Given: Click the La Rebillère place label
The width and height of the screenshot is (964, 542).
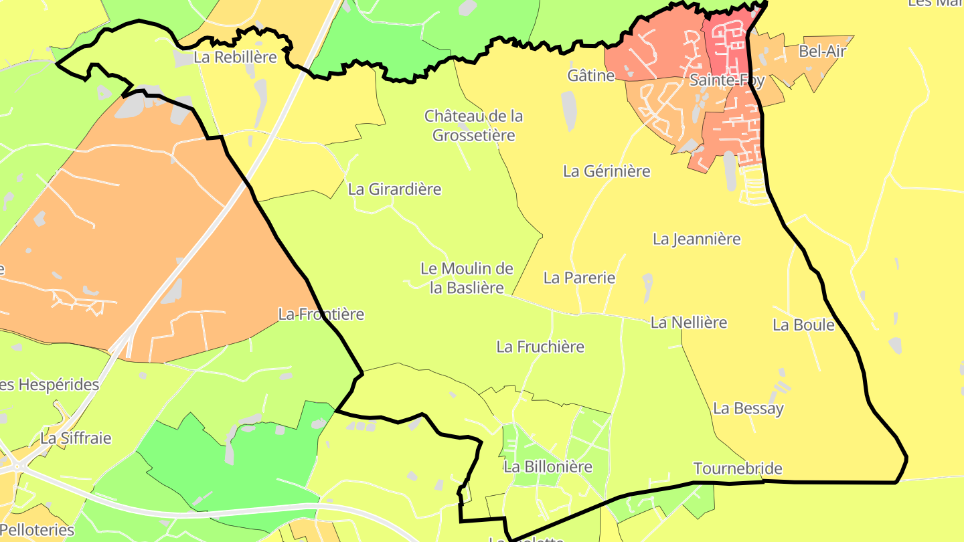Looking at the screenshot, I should [x=235, y=58].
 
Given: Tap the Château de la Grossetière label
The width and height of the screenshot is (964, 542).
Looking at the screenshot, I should [x=474, y=126].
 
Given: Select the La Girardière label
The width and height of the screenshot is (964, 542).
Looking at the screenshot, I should [x=395, y=189].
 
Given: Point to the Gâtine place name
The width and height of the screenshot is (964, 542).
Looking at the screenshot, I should [x=591, y=76].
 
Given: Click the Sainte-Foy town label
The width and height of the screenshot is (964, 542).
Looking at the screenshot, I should [x=727, y=81].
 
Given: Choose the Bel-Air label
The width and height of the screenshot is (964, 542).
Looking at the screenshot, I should [x=823, y=52].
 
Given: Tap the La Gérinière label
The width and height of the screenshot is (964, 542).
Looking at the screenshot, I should [x=607, y=171].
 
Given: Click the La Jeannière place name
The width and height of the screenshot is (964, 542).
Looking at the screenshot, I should [x=697, y=239].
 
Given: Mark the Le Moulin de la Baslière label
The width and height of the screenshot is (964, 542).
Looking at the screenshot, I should [x=467, y=278].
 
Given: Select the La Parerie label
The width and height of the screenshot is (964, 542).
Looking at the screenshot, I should [x=579, y=278].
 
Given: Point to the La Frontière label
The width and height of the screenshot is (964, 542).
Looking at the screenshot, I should [x=321, y=314].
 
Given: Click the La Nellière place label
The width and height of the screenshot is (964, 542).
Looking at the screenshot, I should [x=689, y=323].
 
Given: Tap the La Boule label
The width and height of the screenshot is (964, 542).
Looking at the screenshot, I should [x=804, y=325].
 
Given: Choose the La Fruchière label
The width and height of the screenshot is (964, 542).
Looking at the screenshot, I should [x=540, y=347].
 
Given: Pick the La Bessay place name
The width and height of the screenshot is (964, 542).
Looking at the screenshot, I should [x=748, y=408].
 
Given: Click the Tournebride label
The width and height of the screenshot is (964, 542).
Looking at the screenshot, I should [x=738, y=468].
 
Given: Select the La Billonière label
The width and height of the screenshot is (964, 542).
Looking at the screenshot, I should [x=548, y=466].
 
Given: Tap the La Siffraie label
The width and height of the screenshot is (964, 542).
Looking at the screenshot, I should [x=76, y=439].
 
